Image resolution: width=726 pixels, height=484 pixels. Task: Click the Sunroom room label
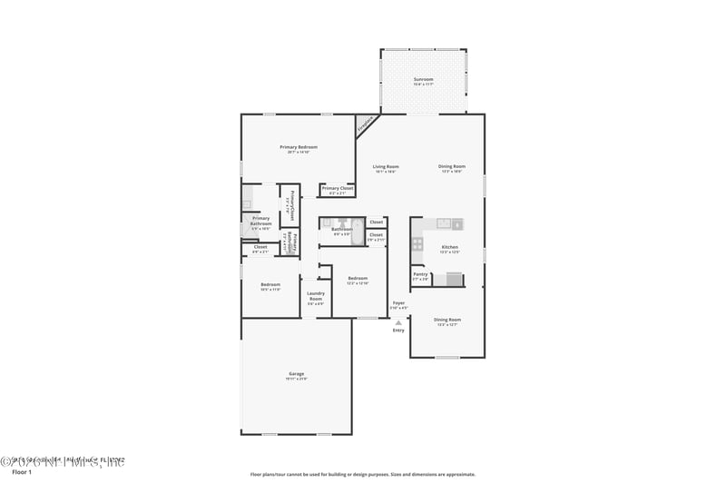point(423,80)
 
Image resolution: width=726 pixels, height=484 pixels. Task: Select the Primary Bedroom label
point(298,147)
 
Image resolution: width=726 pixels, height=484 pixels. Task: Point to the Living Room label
point(386,167)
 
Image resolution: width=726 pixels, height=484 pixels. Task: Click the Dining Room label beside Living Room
point(451,167)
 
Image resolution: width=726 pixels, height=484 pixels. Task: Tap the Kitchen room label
point(449,248)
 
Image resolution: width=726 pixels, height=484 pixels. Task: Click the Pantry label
point(420,274)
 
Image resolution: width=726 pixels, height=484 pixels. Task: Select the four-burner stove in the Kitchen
point(417,243)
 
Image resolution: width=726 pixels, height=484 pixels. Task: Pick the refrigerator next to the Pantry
point(446,279)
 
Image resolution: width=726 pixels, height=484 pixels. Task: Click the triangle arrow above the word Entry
point(397,321)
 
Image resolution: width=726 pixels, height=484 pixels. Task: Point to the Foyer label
point(398,303)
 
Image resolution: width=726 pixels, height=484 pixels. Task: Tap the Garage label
point(296,374)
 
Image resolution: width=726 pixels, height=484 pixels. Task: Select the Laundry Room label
point(315,295)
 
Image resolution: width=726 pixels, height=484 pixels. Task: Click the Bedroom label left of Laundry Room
point(270,284)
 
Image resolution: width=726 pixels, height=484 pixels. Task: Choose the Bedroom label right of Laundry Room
point(357,279)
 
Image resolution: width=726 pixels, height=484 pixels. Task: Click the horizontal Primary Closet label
point(337,189)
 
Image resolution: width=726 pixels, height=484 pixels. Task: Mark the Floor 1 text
point(21,472)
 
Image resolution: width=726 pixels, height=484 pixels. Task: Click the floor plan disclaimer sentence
point(362,474)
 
